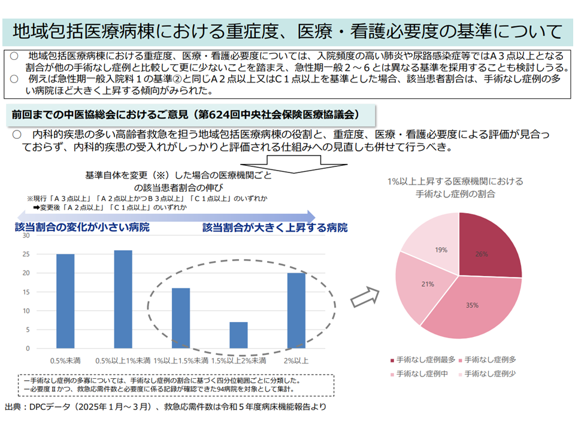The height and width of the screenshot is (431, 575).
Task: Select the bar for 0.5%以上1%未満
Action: [123, 299]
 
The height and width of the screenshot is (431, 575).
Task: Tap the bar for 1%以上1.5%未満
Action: [181, 318]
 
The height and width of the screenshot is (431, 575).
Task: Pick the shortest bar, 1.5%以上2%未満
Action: [238, 335]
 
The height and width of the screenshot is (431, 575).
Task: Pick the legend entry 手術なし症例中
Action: [422, 374]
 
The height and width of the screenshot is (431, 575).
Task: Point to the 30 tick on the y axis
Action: [26, 236]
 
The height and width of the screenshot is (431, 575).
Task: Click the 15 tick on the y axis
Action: [26, 292]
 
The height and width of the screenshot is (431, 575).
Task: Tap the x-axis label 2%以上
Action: [296, 360]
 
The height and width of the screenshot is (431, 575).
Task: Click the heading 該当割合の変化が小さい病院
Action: [82, 227]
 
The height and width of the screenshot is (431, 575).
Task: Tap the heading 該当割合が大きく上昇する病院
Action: [275, 227]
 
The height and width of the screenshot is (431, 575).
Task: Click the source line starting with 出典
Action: [165, 406]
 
